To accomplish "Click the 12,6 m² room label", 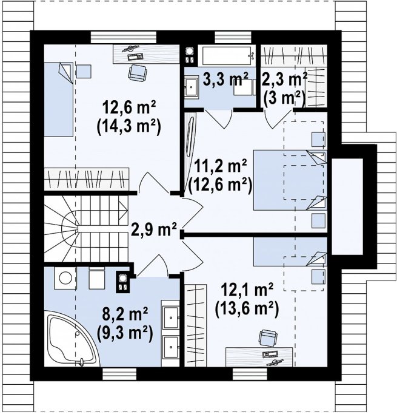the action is (129, 107).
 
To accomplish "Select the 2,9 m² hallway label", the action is (154, 229).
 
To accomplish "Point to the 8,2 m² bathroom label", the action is (125, 313).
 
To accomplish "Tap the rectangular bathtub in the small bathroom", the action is (226, 56).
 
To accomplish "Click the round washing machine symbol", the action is (65, 278).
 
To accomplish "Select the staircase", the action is (86, 229).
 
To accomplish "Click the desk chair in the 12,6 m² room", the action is (137, 73).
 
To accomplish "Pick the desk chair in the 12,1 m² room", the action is (267, 338).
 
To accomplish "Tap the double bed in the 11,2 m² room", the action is (290, 180).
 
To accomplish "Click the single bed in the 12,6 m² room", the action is (59, 100).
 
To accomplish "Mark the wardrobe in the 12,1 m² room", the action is (195, 325).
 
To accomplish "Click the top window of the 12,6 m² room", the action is (124, 37).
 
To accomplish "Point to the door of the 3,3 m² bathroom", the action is (219, 118).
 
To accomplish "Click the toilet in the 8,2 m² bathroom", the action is (97, 278).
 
